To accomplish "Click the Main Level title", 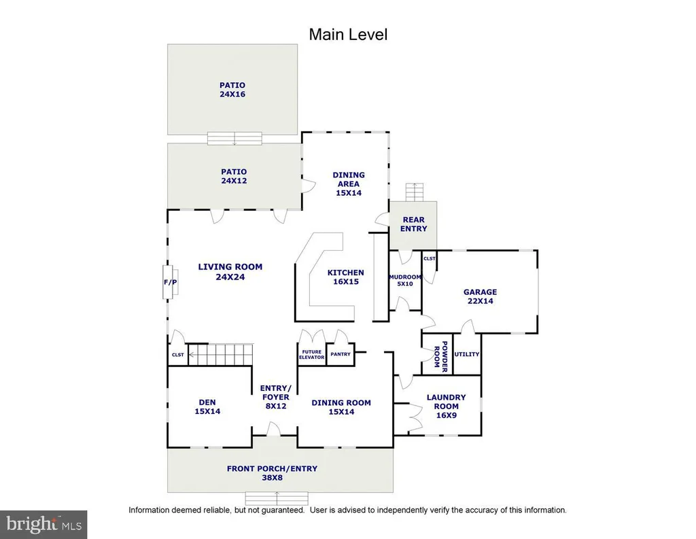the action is (348, 35).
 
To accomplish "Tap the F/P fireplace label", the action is (171, 282).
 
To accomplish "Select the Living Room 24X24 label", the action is (230, 272).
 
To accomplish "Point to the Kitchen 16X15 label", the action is (346, 277).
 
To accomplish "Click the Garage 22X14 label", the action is (481, 296).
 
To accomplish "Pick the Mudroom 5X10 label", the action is (405, 280).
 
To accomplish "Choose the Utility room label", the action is (467, 354).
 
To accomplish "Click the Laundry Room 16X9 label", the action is (446, 406).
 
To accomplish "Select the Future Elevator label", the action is (311, 355).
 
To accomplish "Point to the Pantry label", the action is (341, 354).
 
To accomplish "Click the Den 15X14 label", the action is (207, 406).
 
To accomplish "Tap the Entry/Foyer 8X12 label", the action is (276, 397).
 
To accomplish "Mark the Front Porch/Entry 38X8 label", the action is (272, 473).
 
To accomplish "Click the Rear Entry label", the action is (414, 224).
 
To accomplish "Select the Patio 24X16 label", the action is (232, 90).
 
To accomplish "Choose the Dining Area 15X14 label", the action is (349, 184).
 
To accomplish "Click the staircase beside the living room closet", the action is (221, 354).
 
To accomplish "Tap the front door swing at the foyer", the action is (273, 429).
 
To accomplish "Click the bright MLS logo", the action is (43, 524).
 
